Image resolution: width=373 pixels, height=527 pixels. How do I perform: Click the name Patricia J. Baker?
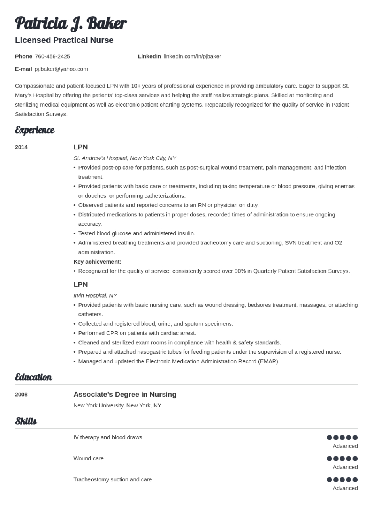[x=71, y=24]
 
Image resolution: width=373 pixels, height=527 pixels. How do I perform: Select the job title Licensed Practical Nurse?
[x=64, y=40]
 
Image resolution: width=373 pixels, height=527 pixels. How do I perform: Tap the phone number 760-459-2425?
[x=52, y=57]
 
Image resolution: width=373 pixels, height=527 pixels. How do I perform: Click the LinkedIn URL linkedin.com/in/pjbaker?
[x=192, y=57]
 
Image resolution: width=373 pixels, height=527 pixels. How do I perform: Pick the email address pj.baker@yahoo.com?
[x=61, y=69]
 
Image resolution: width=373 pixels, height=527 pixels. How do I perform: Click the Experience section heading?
[x=34, y=130]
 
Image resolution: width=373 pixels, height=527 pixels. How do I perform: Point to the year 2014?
[x=21, y=147]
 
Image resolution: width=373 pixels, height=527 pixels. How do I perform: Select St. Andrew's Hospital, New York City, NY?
[x=124, y=158]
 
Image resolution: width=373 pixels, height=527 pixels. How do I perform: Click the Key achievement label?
[x=97, y=262]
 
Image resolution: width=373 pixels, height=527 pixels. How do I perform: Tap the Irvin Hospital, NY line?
[x=95, y=296]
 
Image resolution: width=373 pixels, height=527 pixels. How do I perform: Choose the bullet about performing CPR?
[x=137, y=333]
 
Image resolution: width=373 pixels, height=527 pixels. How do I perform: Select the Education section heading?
[x=33, y=377]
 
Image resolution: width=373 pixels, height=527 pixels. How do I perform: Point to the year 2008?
[x=21, y=395]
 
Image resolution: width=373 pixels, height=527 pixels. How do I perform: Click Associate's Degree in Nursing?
[x=125, y=395]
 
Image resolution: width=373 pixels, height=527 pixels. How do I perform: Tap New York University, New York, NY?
[x=117, y=406]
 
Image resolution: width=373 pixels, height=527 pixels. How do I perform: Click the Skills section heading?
[x=26, y=421]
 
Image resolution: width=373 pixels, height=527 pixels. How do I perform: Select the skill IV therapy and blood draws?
[x=107, y=437]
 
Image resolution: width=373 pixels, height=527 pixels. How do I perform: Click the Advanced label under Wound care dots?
[x=345, y=467]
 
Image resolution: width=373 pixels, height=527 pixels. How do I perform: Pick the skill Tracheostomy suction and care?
[x=113, y=480]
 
